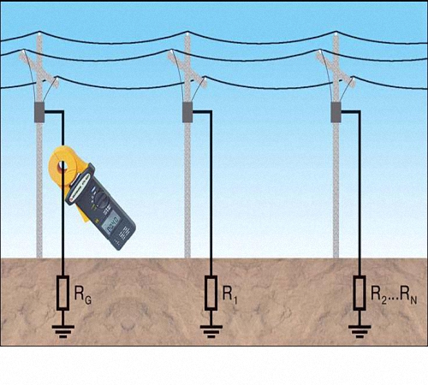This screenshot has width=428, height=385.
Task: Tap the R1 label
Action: point(230,294)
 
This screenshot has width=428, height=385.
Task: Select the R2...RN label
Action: point(394,294)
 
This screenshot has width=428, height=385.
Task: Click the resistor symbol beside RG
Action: point(62,293)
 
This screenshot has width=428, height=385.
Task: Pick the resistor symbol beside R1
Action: point(211,293)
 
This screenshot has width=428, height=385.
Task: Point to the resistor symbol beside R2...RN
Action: point(360,293)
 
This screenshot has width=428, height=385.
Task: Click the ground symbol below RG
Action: point(63,331)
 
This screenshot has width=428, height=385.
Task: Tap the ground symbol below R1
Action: point(211,331)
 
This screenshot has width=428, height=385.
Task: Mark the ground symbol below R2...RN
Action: point(360,331)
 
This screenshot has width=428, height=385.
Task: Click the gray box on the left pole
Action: point(39,112)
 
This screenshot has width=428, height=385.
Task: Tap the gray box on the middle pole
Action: point(187,112)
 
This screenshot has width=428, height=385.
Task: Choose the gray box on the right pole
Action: point(336,112)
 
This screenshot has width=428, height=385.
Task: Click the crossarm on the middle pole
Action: point(187,68)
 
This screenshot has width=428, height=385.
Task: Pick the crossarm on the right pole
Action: point(336,68)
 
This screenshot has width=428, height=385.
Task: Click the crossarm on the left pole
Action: point(39,68)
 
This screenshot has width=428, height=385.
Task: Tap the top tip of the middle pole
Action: point(187,33)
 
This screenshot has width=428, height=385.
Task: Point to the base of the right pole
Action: point(336,257)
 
